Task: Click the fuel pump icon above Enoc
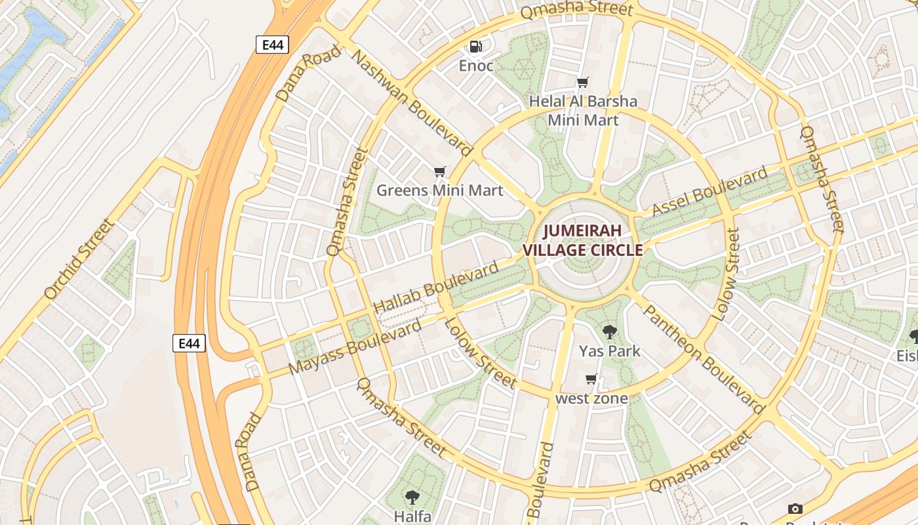coord(476,46)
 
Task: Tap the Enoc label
coord(476,66)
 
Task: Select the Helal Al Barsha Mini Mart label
coord(583,110)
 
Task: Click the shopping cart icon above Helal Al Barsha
coord(582,82)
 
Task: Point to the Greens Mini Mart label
coord(439,190)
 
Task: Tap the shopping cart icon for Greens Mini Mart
coord(439,172)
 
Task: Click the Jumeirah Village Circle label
coord(582,240)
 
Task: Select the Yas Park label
coord(610,351)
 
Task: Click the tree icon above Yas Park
coord(610,331)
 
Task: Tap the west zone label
coord(591,398)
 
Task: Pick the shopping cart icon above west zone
coord(591,379)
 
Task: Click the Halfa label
coord(412,516)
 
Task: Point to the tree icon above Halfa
coord(412,497)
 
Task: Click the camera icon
coord(795,509)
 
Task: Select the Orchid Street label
coord(79,260)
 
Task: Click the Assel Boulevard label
coord(710,192)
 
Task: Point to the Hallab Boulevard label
coord(436,288)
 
